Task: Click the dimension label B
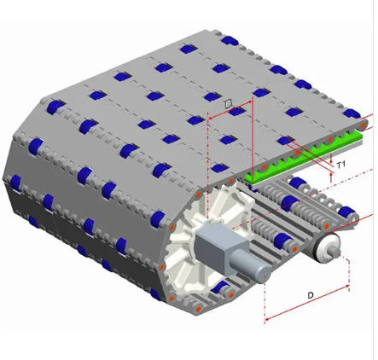(229, 103)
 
